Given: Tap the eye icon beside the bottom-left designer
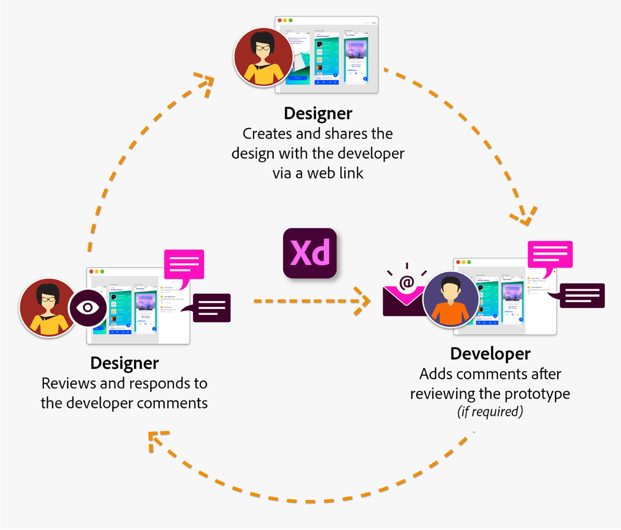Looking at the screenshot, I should click(88, 307).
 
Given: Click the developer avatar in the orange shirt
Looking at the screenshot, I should click(451, 299).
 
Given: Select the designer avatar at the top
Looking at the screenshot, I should click(263, 57).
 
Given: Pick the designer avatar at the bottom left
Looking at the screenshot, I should click(48, 308).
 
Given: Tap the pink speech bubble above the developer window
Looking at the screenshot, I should click(550, 255).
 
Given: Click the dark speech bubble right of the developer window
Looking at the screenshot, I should click(582, 296).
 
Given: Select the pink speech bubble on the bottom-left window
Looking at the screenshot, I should click(184, 265).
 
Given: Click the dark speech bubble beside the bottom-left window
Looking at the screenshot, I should click(212, 308).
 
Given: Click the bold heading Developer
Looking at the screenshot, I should click(490, 354).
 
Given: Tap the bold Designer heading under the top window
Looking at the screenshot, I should click(318, 113).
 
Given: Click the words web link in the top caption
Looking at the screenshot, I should click(335, 173).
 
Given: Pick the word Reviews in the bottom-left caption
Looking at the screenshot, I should click(69, 384).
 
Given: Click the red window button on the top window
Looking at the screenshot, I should click(280, 20).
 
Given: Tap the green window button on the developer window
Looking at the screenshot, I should click(469, 262).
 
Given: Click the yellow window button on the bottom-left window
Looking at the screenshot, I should click(97, 272).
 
